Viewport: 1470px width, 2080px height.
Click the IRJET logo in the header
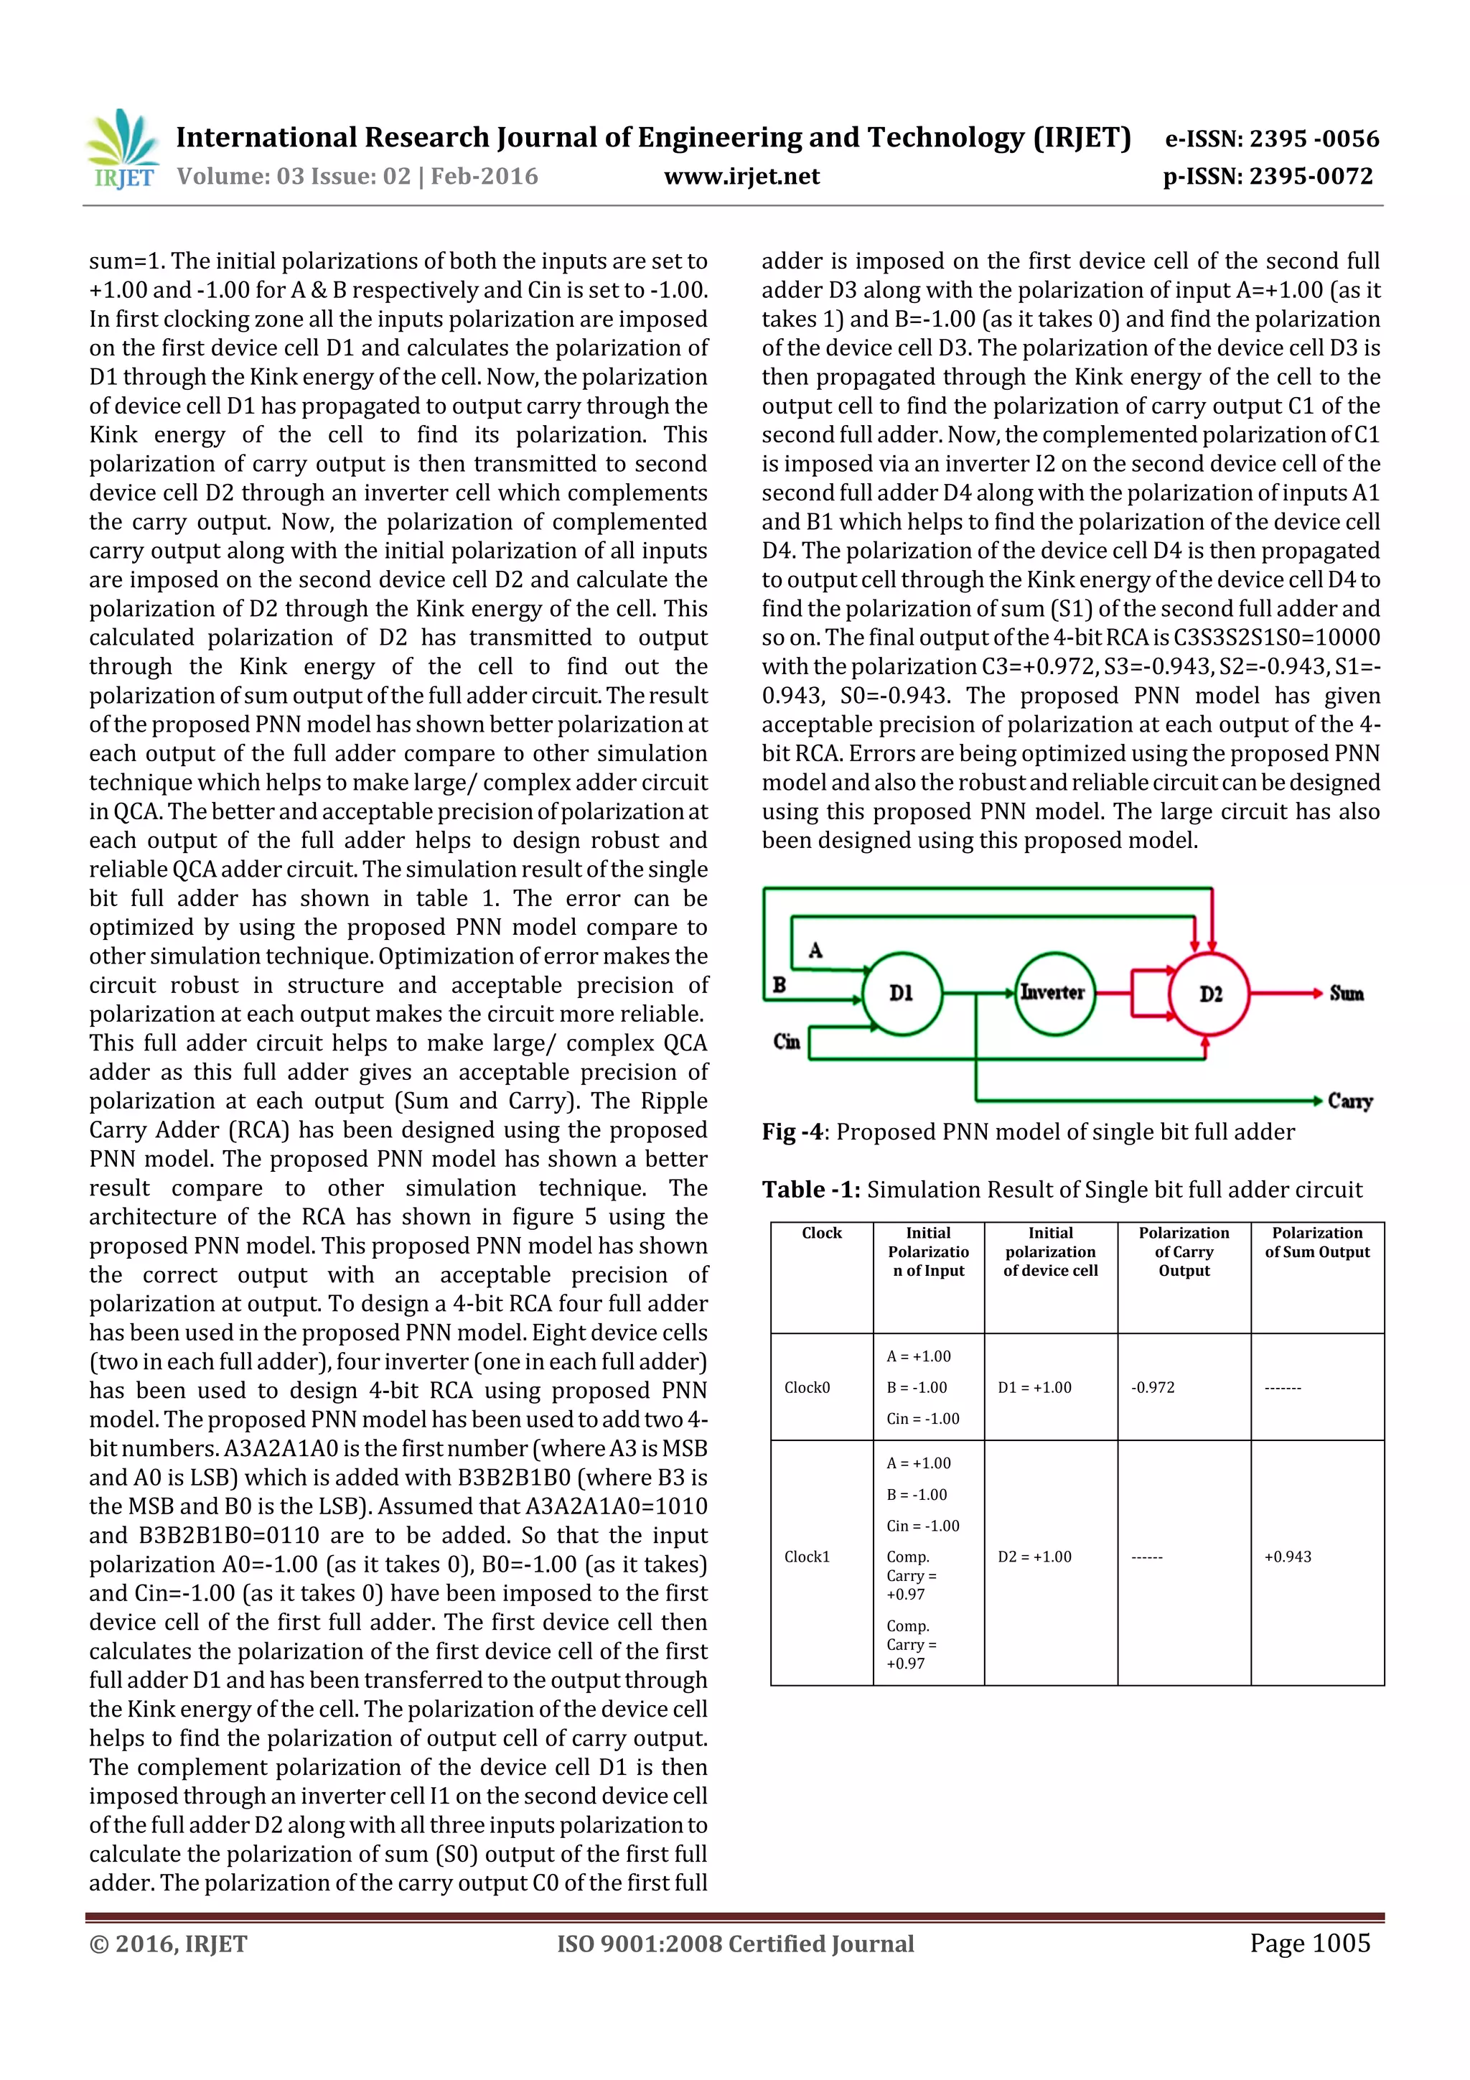click(x=122, y=150)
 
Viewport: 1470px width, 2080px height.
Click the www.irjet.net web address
click(x=741, y=176)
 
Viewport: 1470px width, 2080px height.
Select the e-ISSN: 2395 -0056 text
click(x=1272, y=139)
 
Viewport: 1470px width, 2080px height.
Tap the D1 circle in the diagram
click(x=902, y=994)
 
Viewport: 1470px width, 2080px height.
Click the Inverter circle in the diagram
click(x=1054, y=994)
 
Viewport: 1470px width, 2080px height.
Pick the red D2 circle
click(x=1210, y=994)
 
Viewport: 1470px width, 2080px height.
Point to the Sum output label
click(x=1346, y=994)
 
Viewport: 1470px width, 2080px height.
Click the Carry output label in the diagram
click(x=1349, y=1101)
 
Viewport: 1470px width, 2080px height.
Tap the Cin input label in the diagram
click(x=786, y=1041)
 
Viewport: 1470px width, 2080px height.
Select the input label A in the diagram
click(x=815, y=951)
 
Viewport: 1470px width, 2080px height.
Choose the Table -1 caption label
click(x=810, y=1190)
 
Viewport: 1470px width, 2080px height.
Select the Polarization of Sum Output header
click(x=1317, y=1242)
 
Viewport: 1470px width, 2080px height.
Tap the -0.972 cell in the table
click(x=1153, y=1387)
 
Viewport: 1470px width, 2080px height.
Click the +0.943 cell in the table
click(x=1287, y=1557)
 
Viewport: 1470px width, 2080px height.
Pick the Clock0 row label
click(x=807, y=1387)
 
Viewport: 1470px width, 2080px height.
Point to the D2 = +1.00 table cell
click(x=1034, y=1557)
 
